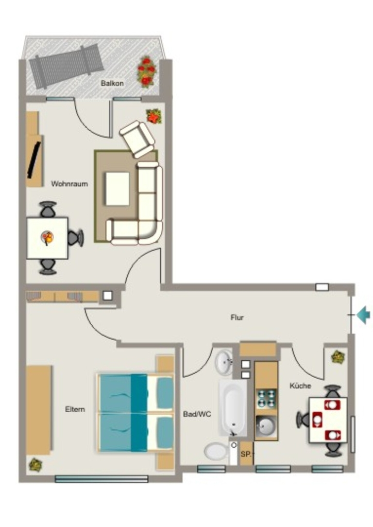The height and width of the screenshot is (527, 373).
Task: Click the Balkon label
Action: click(x=112, y=83)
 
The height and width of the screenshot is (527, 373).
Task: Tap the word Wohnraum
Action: click(x=69, y=184)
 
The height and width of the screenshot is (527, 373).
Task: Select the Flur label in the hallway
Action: click(x=237, y=317)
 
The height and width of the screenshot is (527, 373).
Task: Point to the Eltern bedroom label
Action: click(x=75, y=409)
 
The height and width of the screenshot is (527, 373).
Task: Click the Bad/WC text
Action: click(x=197, y=414)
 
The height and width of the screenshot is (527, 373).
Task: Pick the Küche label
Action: click(x=300, y=385)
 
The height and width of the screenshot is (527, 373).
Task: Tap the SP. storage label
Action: click(x=246, y=454)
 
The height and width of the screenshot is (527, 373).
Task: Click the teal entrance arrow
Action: click(x=363, y=315)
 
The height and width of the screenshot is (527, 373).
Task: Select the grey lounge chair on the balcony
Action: click(x=66, y=66)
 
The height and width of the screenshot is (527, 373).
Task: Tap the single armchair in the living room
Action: click(x=137, y=139)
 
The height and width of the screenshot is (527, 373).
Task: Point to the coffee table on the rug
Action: click(x=117, y=188)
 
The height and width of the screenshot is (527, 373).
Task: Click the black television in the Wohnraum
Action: click(x=34, y=160)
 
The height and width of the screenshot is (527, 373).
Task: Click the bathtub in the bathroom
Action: click(x=233, y=408)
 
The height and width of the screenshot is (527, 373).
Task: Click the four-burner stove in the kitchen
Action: click(x=266, y=399)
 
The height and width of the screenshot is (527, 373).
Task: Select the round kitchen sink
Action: click(x=266, y=426)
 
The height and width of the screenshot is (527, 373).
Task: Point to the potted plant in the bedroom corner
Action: click(x=36, y=465)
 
